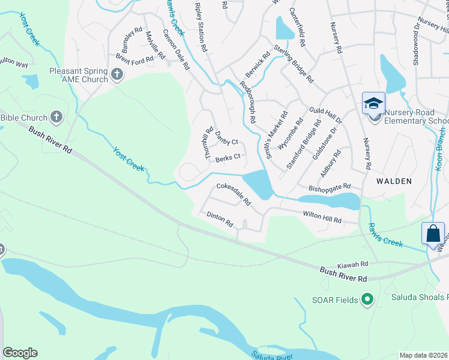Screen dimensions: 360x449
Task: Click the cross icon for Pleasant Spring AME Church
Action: click(117, 74)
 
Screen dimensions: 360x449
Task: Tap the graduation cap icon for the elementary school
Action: click(373, 103)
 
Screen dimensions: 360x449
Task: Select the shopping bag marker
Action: click(433, 235)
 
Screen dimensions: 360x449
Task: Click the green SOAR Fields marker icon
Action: click(368, 299)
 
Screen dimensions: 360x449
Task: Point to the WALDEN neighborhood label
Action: click(394, 181)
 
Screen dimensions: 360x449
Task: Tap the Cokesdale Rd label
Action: click(234, 194)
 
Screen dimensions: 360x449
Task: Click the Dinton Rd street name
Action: click(220, 218)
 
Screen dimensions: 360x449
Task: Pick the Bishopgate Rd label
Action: click(328, 188)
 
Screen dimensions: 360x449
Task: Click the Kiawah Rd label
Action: click(352, 264)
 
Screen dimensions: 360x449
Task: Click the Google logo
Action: click(19, 353)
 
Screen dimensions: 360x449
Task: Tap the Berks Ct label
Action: click(228, 158)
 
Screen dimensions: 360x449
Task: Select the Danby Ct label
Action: click(227, 137)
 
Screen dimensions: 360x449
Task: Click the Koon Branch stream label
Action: click(441, 148)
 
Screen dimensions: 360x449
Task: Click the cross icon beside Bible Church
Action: click(56, 117)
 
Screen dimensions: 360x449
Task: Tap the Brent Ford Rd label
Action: click(134, 58)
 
